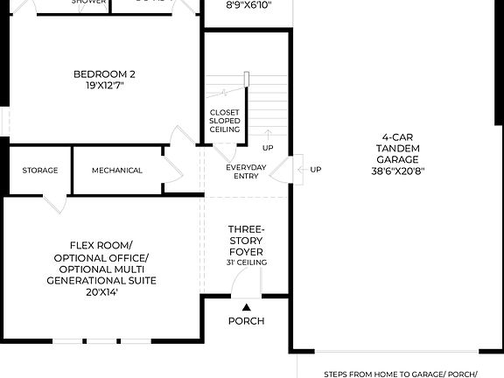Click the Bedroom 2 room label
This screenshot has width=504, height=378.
104,73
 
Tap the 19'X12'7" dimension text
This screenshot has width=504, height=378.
104,86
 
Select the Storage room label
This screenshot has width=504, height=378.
40,170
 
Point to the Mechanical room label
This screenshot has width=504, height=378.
116,170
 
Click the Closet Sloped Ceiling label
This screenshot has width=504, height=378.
225,121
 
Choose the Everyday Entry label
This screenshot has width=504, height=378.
246,171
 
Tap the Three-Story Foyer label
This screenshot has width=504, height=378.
246,240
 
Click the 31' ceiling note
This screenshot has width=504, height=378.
246,262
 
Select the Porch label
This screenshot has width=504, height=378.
246,321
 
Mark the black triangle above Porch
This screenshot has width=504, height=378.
246,306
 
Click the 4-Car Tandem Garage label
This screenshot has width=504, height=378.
398,148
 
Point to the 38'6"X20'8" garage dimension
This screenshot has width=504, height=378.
398,171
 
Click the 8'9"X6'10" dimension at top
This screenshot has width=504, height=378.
248,4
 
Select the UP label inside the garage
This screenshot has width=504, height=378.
316,169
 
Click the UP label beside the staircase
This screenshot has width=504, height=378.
267,148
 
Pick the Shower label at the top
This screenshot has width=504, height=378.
88,3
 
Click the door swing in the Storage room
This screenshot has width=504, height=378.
54,202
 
